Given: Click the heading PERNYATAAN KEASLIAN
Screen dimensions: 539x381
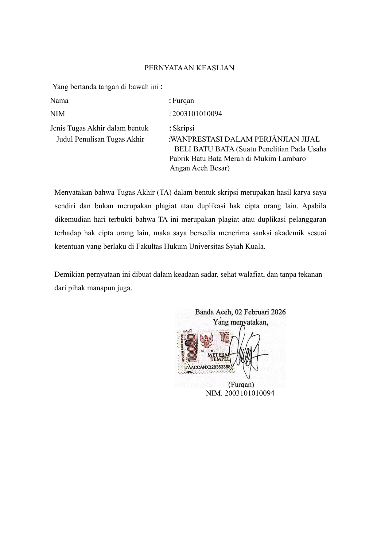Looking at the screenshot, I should (x=189, y=68).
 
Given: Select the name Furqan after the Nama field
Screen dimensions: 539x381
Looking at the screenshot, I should (x=183, y=101).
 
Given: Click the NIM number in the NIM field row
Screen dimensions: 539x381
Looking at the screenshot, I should (x=197, y=114).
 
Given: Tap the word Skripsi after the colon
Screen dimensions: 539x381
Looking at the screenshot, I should (x=183, y=128).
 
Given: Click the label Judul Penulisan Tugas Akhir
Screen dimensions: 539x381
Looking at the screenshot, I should (x=100, y=139).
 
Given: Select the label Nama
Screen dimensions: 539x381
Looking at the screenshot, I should (x=59, y=101).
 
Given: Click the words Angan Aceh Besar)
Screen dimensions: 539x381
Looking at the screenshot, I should (x=200, y=168).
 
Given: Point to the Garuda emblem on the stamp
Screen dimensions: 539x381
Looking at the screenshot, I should (x=206, y=340).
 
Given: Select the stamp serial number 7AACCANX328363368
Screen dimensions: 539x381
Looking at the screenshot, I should (x=208, y=367).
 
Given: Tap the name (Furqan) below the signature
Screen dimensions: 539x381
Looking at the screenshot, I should (x=241, y=385).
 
